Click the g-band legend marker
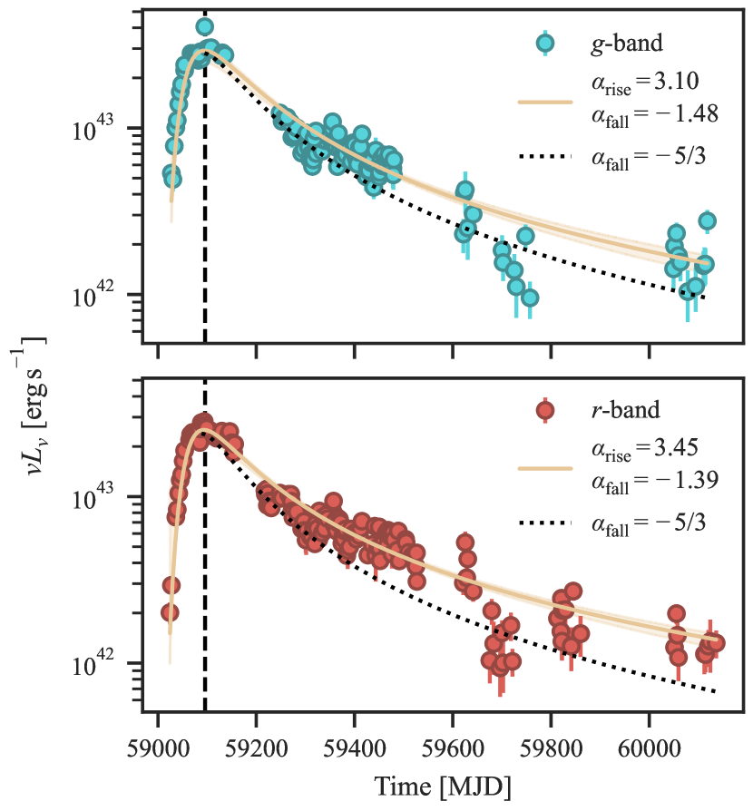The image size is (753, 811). point(544,43)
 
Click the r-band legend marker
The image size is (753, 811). point(544,411)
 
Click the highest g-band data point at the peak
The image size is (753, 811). point(205,27)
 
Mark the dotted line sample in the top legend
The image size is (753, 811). point(544,157)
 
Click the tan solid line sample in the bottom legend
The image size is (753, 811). point(544,469)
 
